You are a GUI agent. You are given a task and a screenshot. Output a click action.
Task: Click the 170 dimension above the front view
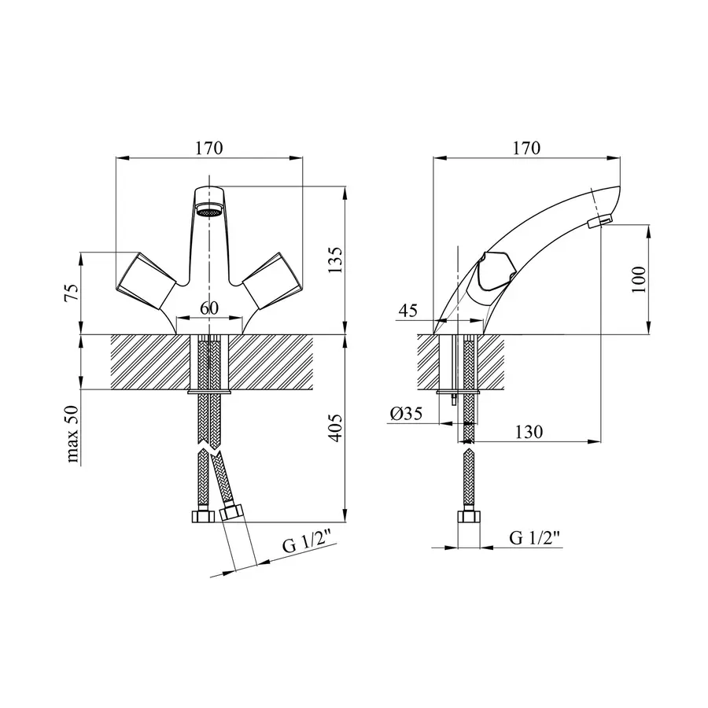pos(209,148)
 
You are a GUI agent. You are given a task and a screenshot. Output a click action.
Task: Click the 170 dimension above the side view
pos(526,148)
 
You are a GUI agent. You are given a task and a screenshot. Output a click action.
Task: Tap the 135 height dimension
pos(335,260)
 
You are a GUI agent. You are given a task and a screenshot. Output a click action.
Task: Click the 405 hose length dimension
pos(335,428)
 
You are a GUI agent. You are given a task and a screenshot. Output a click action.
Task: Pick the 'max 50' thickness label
pos(72,434)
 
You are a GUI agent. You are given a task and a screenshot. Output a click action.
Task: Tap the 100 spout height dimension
pos(639,279)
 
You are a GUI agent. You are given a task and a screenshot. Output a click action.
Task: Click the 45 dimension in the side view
pos(407,310)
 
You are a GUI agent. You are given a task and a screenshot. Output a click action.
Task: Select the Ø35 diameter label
pos(407,413)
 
